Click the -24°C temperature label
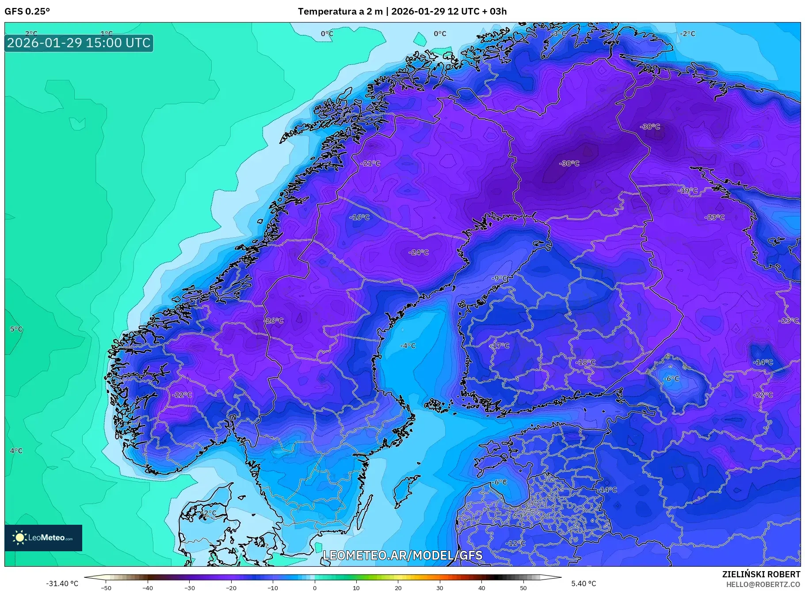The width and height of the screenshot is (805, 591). (x=419, y=253)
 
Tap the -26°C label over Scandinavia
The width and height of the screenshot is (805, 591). (x=274, y=321)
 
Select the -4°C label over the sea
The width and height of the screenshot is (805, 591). (x=408, y=346)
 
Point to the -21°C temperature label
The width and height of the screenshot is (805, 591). (x=370, y=163)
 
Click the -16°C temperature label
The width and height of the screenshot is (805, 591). (x=359, y=217)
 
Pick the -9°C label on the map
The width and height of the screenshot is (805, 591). (x=500, y=278)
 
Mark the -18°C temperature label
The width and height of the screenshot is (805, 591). (x=586, y=362)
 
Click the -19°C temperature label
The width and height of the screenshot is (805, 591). (x=688, y=191)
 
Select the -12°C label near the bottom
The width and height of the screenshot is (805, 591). (x=515, y=543)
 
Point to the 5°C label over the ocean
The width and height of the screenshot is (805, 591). (x=16, y=329)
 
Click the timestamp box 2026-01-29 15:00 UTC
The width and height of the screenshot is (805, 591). (x=79, y=43)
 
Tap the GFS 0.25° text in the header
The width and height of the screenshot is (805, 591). (x=27, y=11)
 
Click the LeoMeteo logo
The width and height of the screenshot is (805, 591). (x=43, y=538)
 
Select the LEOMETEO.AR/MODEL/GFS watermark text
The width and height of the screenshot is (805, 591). (x=402, y=555)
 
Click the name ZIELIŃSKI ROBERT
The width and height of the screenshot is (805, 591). (x=761, y=574)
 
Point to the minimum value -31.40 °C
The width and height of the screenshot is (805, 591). (x=62, y=583)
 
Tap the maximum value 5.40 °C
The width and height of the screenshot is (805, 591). (x=584, y=583)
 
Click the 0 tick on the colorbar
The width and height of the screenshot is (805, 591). (x=315, y=588)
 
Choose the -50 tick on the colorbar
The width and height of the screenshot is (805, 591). (x=106, y=588)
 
